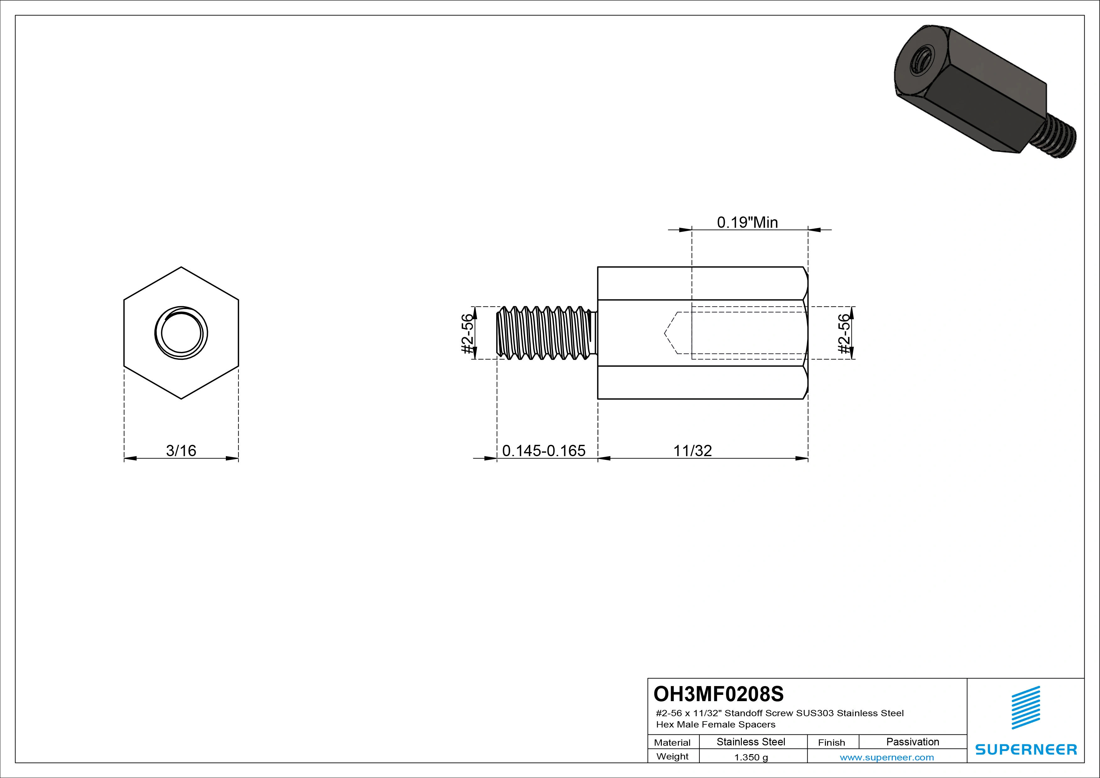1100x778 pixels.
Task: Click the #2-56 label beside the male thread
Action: click(467, 333)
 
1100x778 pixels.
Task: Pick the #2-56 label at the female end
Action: click(844, 333)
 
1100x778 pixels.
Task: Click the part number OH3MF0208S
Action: click(718, 693)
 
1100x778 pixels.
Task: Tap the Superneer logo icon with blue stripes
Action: click(1026, 708)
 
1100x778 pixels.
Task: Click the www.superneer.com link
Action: click(887, 757)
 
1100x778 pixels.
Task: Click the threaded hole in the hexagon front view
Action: click(181, 333)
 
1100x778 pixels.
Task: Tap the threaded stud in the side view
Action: click(545, 333)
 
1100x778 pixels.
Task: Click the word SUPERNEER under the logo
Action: click(1026, 749)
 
